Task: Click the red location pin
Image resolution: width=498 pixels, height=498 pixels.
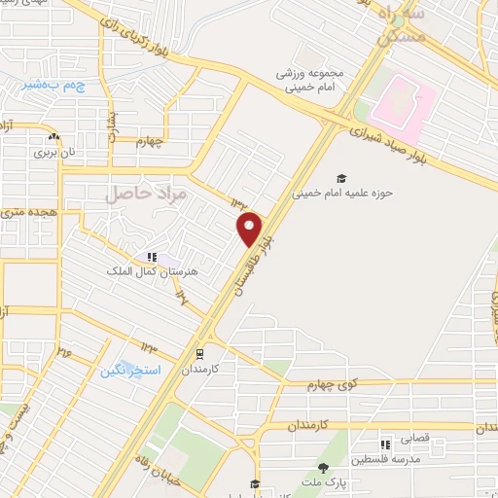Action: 250,230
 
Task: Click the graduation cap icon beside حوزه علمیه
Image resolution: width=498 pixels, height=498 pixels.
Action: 341,178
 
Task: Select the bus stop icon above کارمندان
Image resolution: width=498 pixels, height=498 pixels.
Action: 199,354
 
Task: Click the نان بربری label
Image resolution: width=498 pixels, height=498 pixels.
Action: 54,152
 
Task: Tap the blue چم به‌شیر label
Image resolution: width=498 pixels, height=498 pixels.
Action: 53,86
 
